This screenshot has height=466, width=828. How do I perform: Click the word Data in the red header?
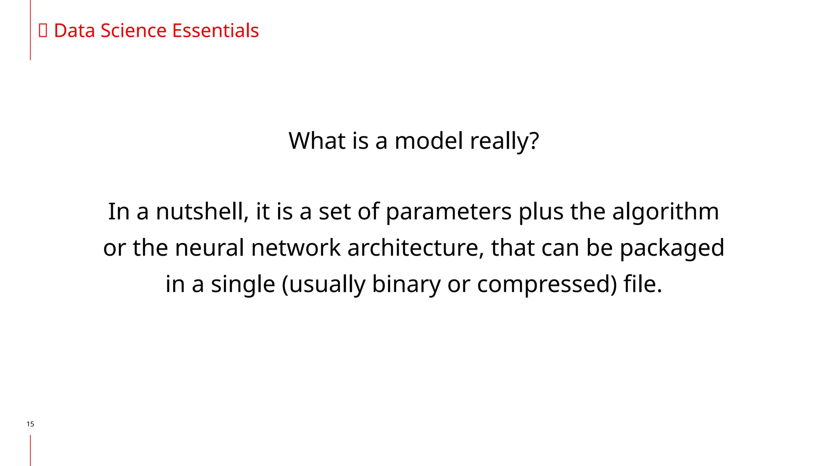pyautogui.click(x=75, y=31)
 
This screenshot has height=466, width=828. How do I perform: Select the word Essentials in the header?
pyautogui.click(x=215, y=31)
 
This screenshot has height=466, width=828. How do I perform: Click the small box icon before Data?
pyautogui.click(x=43, y=31)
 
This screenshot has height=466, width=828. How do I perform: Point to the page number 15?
pyautogui.click(x=30, y=424)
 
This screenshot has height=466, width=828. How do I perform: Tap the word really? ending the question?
pyautogui.click(x=505, y=142)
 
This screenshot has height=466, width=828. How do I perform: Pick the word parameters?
pyautogui.click(x=449, y=212)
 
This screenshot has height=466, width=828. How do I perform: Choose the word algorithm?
pyautogui.click(x=665, y=212)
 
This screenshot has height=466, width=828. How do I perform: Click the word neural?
pyautogui.click(x=209, y=248)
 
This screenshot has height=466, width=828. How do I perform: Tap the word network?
pyautogui.click(x=296, y=248)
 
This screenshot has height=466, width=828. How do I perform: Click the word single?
pyautogui.click(x=243, y=284)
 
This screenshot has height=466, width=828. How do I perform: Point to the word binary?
pyautogui.click(x=406, y=284)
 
